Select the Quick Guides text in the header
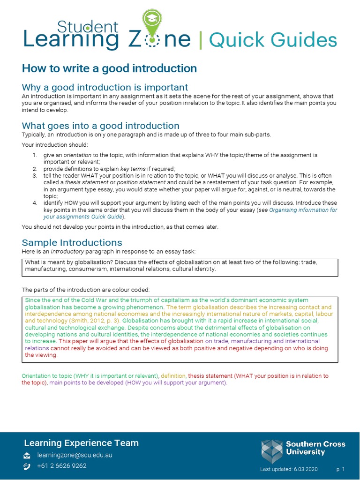pos(273,40)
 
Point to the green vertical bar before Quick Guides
pos(201,41)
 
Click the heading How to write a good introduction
pos(109,68)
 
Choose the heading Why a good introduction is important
pos(105,87)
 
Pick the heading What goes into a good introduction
pos(101,126)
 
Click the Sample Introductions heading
pos(72,242)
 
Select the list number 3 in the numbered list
pos(35,175)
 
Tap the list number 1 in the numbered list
pos(35,155)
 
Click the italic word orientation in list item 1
pos(74,155)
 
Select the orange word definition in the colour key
pos(173,376)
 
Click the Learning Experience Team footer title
pos(81,443)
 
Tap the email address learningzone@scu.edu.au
pos(75,455)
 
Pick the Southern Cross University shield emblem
pos(272,451)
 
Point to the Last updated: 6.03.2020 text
pos(289,469)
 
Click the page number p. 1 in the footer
pos(340,469)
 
